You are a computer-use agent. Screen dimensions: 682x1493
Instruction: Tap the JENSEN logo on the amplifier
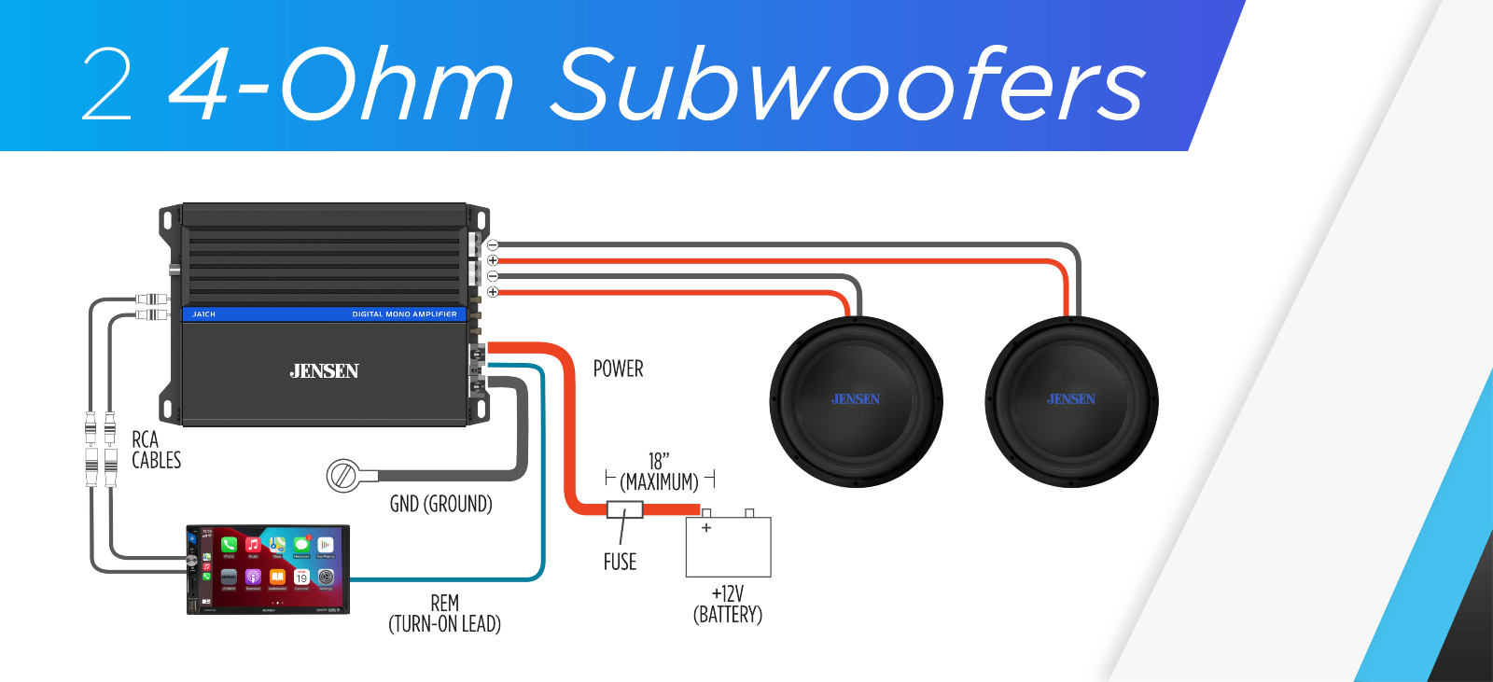(324, 371)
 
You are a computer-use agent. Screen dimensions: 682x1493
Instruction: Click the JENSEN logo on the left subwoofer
(856, 399)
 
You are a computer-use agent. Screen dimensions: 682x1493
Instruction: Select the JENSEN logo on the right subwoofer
(1071, 399)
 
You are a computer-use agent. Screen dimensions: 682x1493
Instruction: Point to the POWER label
(618, 369)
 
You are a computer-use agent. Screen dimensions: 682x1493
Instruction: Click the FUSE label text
(620, 562)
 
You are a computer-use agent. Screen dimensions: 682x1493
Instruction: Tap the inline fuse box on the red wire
(624, 509)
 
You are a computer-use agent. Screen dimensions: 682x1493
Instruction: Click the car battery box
(728, 547)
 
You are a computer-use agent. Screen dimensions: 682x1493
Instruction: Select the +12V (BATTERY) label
(728, 605)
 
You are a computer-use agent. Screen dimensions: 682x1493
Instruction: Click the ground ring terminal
(342, 476)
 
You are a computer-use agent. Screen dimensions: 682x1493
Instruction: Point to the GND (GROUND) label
(440, 505)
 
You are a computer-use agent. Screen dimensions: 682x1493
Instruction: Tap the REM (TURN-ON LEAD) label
(444, 614)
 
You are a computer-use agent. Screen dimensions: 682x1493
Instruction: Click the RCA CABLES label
(156, 450)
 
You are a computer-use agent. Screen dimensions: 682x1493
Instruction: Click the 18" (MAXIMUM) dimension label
(660, 473)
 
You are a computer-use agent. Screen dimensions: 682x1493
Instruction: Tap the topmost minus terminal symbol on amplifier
(493, 245)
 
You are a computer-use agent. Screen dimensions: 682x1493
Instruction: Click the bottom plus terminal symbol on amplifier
(493, 292)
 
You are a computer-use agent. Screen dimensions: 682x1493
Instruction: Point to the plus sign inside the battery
(706, 528)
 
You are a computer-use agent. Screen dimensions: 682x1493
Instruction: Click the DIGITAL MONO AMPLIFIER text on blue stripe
(404, 314)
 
